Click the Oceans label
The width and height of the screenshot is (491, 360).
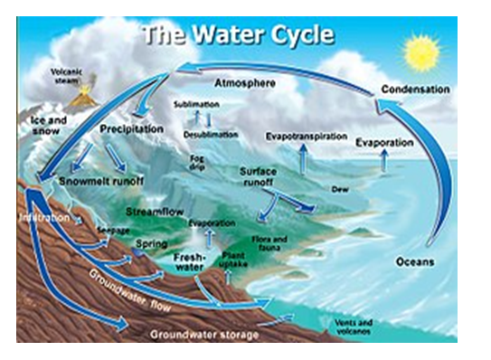click(x=415, y=262)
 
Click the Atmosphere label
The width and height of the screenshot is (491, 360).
click(x=243, y=84)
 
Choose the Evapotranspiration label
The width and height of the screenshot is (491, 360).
click(x=306, y=136)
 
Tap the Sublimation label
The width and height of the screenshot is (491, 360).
click(x=195, y=105)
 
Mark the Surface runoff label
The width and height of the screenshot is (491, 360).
click(x=259, y=175)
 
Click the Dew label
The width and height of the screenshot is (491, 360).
click(x=341, y=189)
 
